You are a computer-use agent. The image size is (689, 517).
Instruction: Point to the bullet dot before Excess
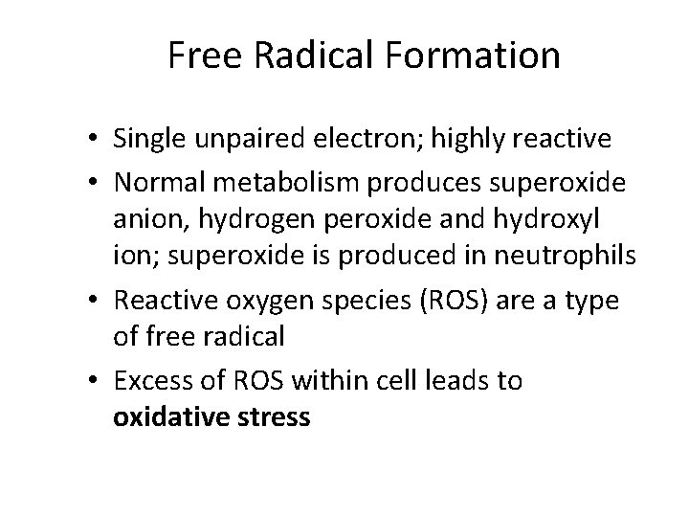[x=98, y=382]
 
